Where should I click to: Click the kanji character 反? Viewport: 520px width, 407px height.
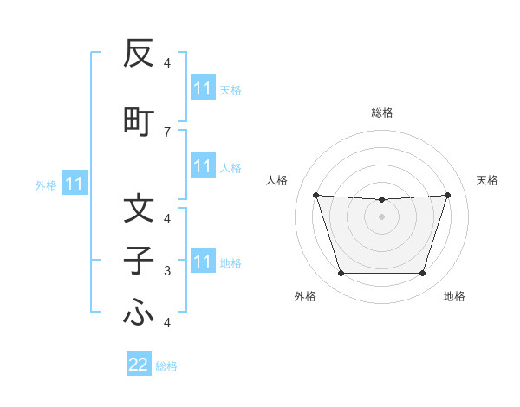point(139,54)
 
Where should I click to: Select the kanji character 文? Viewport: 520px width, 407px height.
point(139,209)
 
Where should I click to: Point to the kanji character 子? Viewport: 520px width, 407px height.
point(139,262)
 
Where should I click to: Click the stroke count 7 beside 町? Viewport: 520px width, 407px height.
point(167,132)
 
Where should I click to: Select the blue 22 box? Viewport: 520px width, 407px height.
point(139,365)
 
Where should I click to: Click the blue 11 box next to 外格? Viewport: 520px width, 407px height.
point(74,184)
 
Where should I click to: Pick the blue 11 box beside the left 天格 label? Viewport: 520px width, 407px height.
point(202,88)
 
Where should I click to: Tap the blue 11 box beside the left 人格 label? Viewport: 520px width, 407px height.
point(202,166)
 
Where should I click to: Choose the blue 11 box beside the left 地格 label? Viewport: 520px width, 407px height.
point(202,262)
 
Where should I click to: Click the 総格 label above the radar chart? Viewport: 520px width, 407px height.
point(382,113)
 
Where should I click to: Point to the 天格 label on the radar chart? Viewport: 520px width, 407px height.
point(487,180)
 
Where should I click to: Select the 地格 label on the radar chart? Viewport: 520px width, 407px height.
point(454,297)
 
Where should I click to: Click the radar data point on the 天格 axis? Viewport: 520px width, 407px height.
point(448,195)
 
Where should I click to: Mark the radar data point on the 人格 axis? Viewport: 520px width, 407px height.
point(315,195)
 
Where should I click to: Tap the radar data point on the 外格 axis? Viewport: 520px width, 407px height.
point(341,274)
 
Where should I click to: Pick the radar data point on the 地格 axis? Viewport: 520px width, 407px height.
point(423,274)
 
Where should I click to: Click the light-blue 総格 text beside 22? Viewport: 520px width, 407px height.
point(166,366)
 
